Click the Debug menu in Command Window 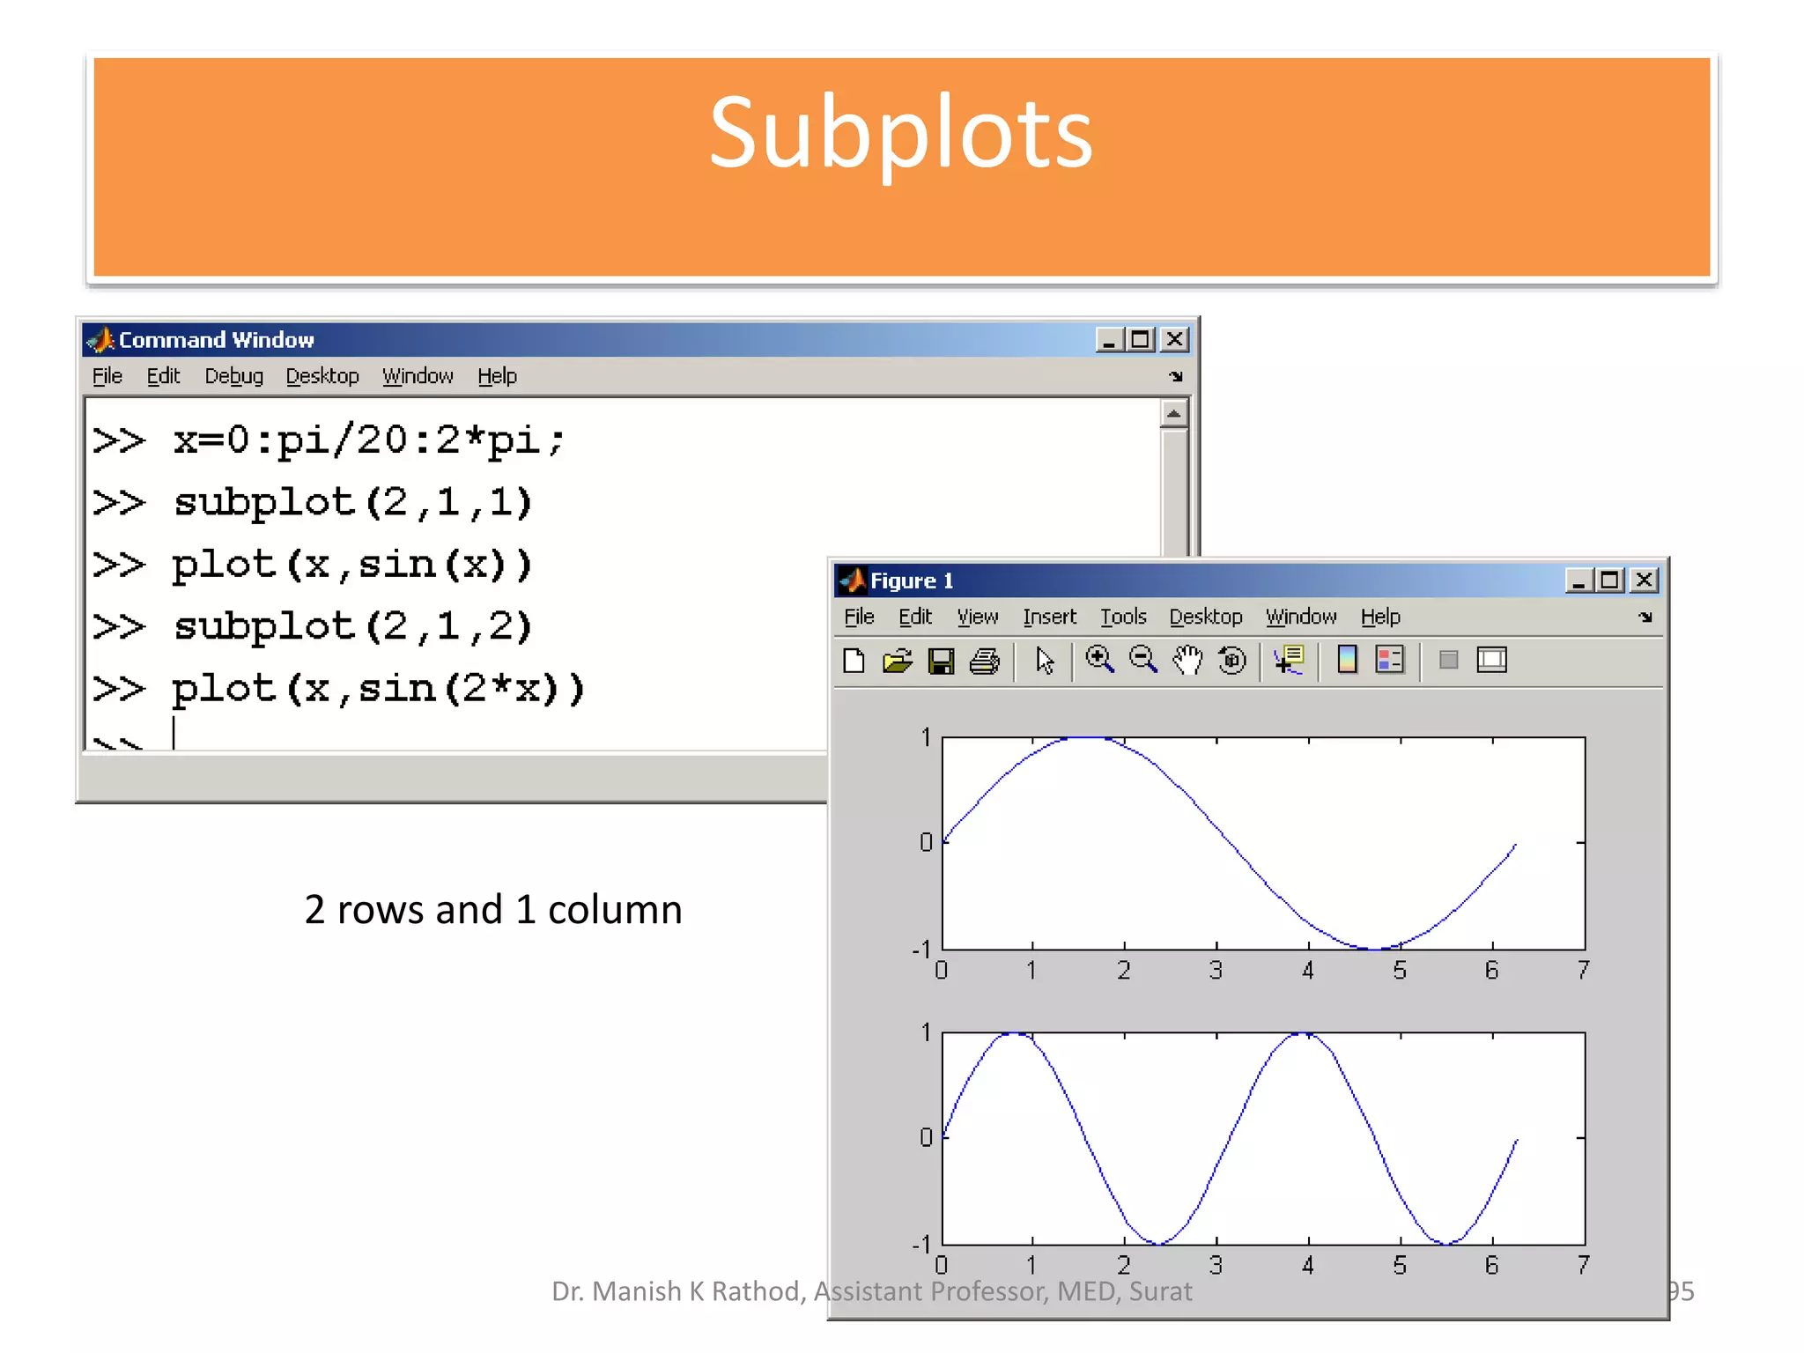[x=233, y=376]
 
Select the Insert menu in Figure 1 [x=1049, y=617]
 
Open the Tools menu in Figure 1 [x=1123, y=617]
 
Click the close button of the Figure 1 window [x=1644, y=580]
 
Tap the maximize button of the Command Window [x=1141, y=339]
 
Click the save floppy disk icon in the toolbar [x=941, y=661]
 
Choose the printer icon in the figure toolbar [x=985, y=661]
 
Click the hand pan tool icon [x=1187, y=660]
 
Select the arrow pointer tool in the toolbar [x=1045, y=661]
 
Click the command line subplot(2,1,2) [x=352, y=626]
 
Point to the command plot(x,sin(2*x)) [x=379, y=689]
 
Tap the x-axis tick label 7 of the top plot [x=1584, y=971]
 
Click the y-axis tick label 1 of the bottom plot [x=926, y=1031]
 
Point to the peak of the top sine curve [x=1086, y=738]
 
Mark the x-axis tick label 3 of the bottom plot [x=1216, y=1266]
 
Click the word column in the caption [x=615, y=909]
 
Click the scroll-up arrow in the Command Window [x=1173, y=413]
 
